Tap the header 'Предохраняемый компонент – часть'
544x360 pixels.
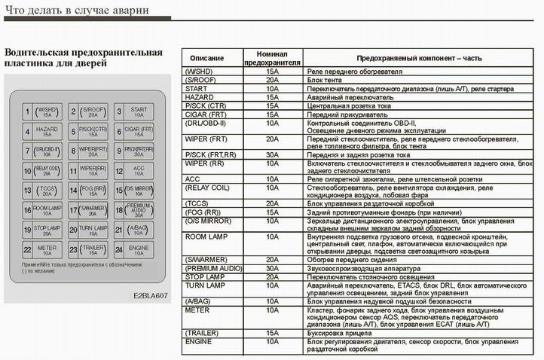coord(419,58)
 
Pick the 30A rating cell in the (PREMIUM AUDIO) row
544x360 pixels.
coord(272,268)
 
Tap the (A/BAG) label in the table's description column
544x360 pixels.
coord(197,301)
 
